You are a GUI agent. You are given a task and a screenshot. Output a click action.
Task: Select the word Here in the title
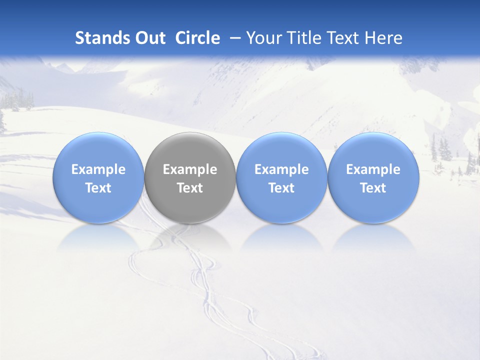[384, 38]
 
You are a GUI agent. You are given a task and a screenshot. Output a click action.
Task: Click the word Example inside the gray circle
[190, 169]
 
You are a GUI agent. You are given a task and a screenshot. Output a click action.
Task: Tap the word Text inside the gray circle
[190, 188]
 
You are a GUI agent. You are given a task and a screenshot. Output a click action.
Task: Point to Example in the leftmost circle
[98, 169]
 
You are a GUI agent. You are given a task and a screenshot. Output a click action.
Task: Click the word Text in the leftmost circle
[98, 188]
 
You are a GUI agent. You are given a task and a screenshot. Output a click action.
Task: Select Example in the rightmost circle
[373, 169]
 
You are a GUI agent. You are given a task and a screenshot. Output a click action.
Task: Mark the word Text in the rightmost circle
[373, 188]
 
